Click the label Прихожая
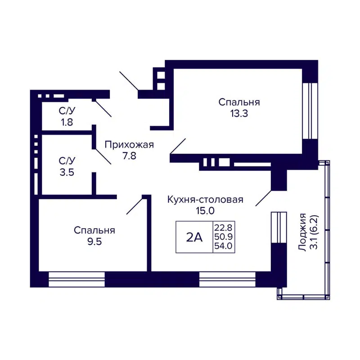click(x=129, y=144)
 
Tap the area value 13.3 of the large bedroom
click(x=239, y=113)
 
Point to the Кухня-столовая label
click(x=205, y=200)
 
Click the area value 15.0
click(x=205, y=211)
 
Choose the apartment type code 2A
click(x=194, y=238)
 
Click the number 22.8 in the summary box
click(x=224, y=227)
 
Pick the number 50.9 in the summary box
click(x=224, y=237)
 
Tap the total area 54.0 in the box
click(x=224, y=247)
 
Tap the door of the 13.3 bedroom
click(x=178, y=147)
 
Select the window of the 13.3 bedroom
click(x=310, y=110)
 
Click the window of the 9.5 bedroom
click(x=76, y=279)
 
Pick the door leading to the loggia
click(x=263, y=198)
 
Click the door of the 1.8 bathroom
click(x=103, y=108)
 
